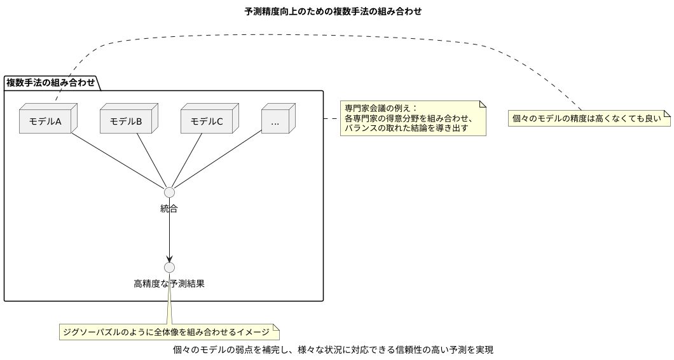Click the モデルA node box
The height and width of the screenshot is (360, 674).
(x=45, y=121)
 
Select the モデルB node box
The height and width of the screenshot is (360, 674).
(x=126, y=121)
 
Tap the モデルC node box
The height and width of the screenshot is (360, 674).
(x=207, y=121)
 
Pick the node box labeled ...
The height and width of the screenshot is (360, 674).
(x=275, y=121)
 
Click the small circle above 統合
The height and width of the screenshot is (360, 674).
(x=169, y=192)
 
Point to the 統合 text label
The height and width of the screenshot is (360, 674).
(x=169, y=209)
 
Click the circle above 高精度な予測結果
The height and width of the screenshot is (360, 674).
(x=169, y=267)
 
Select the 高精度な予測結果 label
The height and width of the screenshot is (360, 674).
(x=169, y=284)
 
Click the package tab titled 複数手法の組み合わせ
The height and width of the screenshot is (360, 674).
(x=51, y=82)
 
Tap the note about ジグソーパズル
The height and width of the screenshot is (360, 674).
(x=169, y=332)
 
